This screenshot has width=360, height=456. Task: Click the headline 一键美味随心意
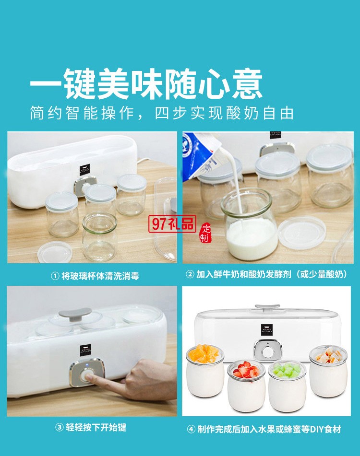146,84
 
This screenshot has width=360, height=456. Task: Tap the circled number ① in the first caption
55,276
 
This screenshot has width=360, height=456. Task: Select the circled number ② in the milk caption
190,275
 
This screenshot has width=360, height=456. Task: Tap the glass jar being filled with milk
249,225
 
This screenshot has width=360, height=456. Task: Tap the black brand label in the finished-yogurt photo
267,330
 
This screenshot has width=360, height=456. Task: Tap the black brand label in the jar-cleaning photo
85,172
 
